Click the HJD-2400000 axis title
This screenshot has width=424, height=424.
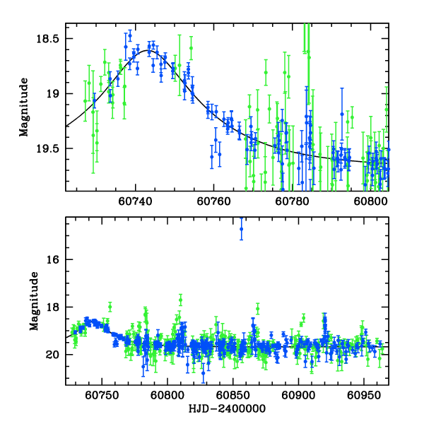[227, 409]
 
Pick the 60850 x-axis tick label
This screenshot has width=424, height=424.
[232, 396]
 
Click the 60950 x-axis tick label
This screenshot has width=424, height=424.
[363, 396]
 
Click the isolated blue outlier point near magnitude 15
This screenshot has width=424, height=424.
[241, 229]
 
